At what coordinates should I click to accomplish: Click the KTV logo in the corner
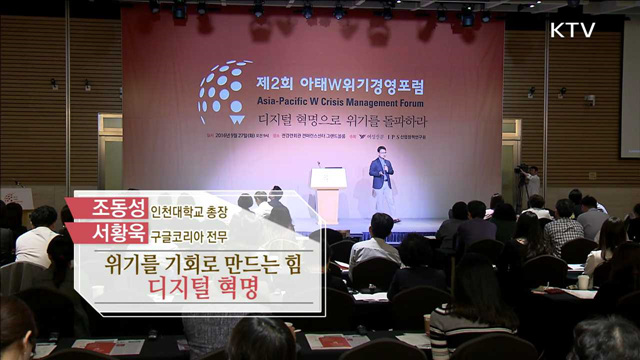572,29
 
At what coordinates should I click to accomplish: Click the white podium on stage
327,190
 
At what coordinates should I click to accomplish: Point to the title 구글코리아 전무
186,237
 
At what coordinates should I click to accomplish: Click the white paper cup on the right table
582,282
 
